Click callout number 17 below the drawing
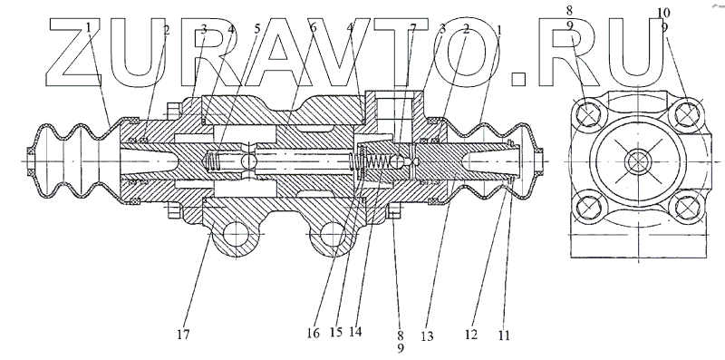pos(184,334)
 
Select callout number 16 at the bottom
pos(313,333)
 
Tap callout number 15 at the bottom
pos(336,332)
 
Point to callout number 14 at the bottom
pos(355,331)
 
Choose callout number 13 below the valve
pos(428,336)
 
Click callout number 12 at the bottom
pos(471,334)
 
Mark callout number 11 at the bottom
pos(504,334)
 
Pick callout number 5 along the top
pos(257,29)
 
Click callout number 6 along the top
pos(313,28)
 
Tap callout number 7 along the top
pos(413,28)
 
